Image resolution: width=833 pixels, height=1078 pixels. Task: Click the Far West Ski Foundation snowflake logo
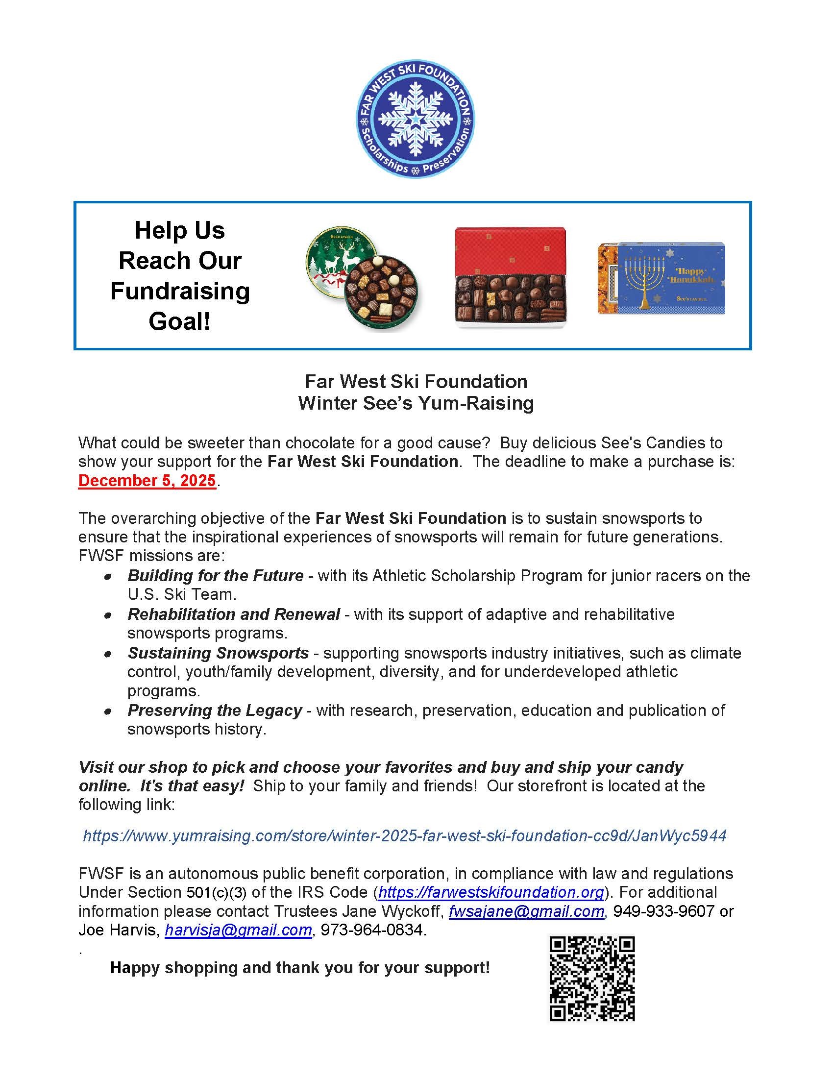(x=415, y=120)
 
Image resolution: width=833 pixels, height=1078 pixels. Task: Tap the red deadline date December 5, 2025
(x=147, y=481)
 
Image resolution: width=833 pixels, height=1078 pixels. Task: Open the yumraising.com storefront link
(x=405, y=835)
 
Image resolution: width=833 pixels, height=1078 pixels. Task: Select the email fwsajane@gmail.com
(x=527, y=911)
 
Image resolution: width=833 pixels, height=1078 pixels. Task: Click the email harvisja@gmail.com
(x=238, y=930)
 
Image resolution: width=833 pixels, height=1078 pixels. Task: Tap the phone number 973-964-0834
(x=372, y=930)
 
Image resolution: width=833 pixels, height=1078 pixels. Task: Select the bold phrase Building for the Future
(x=216, y=576)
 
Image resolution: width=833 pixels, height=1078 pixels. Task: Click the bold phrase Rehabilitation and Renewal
(x=234, y=614)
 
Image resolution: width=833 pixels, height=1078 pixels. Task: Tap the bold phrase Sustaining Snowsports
(x=219, y=653)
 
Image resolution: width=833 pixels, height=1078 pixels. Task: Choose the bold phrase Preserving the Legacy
(x=215, y=710)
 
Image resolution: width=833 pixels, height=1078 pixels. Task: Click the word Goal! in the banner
(x=180, y=321)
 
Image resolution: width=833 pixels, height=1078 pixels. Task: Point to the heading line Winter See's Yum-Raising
(x=416, y=403)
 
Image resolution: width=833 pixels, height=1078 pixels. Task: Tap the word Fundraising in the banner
(x=180, y=291)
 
